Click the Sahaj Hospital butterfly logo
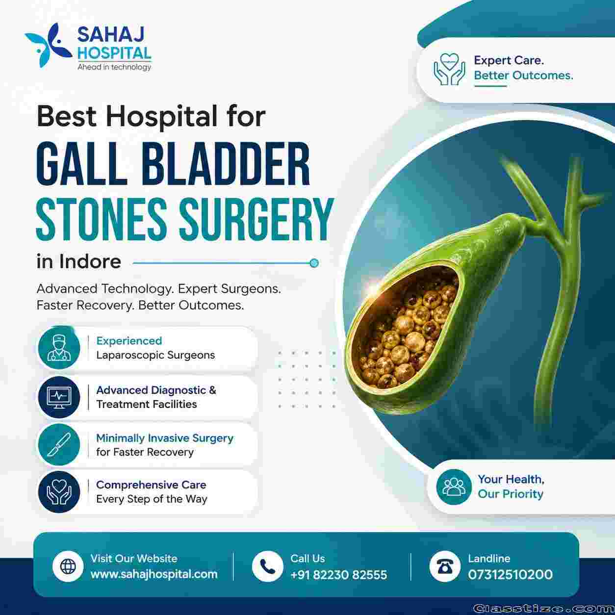click(x=48, y=45)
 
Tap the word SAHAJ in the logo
click(x=111, y=34)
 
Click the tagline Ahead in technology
click(x=114, y=67)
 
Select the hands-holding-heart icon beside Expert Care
click(x=449, y=69)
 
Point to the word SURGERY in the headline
click(x=256, y=219)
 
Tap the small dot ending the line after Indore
click(x=314, y=263)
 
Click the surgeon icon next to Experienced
click(x=59, y=348)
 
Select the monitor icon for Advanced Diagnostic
click(x=59, y=397)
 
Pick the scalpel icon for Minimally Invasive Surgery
click(x=59, y=444)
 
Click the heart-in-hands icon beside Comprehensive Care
click(x=59, y=492)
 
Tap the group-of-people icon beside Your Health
click(x=454, y=487)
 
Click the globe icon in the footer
click(x=68, y=566)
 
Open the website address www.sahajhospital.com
click(x=154, y=574)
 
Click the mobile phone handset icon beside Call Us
click(x=267, y=566)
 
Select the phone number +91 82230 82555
click(x=338, y=575)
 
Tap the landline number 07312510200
click(x=511, y=575)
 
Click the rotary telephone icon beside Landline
click(x=445, y=566)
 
